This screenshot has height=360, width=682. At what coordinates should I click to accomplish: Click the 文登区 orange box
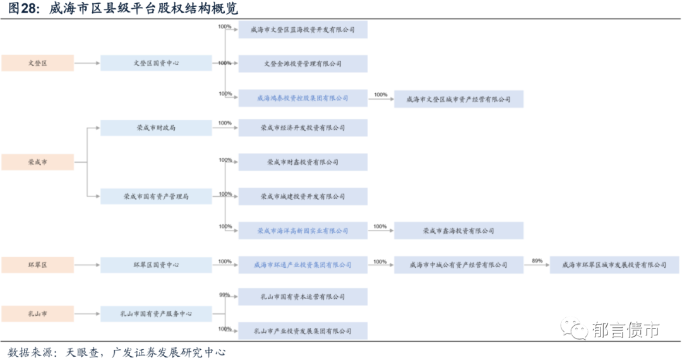(x=37, y=63)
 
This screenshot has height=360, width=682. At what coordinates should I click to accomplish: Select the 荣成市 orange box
(x=37, y=162)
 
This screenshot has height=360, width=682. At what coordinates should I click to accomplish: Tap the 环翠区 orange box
(x=37, y=265)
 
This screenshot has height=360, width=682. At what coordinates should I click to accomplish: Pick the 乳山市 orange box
(x=37, y=313)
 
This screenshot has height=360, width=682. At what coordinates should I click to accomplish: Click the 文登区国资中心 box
(x=156, y=63)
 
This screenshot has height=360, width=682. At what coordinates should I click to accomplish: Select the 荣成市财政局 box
(x=156, y=128)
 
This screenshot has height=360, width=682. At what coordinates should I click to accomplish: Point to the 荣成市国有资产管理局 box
(x=156, y=196)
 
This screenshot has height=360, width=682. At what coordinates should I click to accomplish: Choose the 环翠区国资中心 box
(x=156, y=265)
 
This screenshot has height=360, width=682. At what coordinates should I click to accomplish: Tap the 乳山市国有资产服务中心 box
(x=156, y=313)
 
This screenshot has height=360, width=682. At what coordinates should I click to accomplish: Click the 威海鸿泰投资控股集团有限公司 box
(x=302, y=98)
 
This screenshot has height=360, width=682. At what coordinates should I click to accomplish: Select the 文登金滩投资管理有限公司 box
(x=302, y=64)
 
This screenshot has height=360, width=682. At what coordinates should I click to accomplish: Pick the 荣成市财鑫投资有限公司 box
(x=302, y=162)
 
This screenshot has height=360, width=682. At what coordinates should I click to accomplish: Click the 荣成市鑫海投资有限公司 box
(x=458, y=231)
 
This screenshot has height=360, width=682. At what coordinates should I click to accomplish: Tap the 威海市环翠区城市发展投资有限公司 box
(x=614, y=265)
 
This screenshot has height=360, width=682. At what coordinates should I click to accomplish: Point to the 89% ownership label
(x=537, y=261)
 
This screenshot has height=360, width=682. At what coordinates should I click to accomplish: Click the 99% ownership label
(x=224, y=295)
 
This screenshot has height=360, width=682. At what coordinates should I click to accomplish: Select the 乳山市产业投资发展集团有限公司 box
(x=302, y=331)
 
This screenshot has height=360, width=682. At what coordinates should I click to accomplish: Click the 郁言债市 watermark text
(x=625, y=330)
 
